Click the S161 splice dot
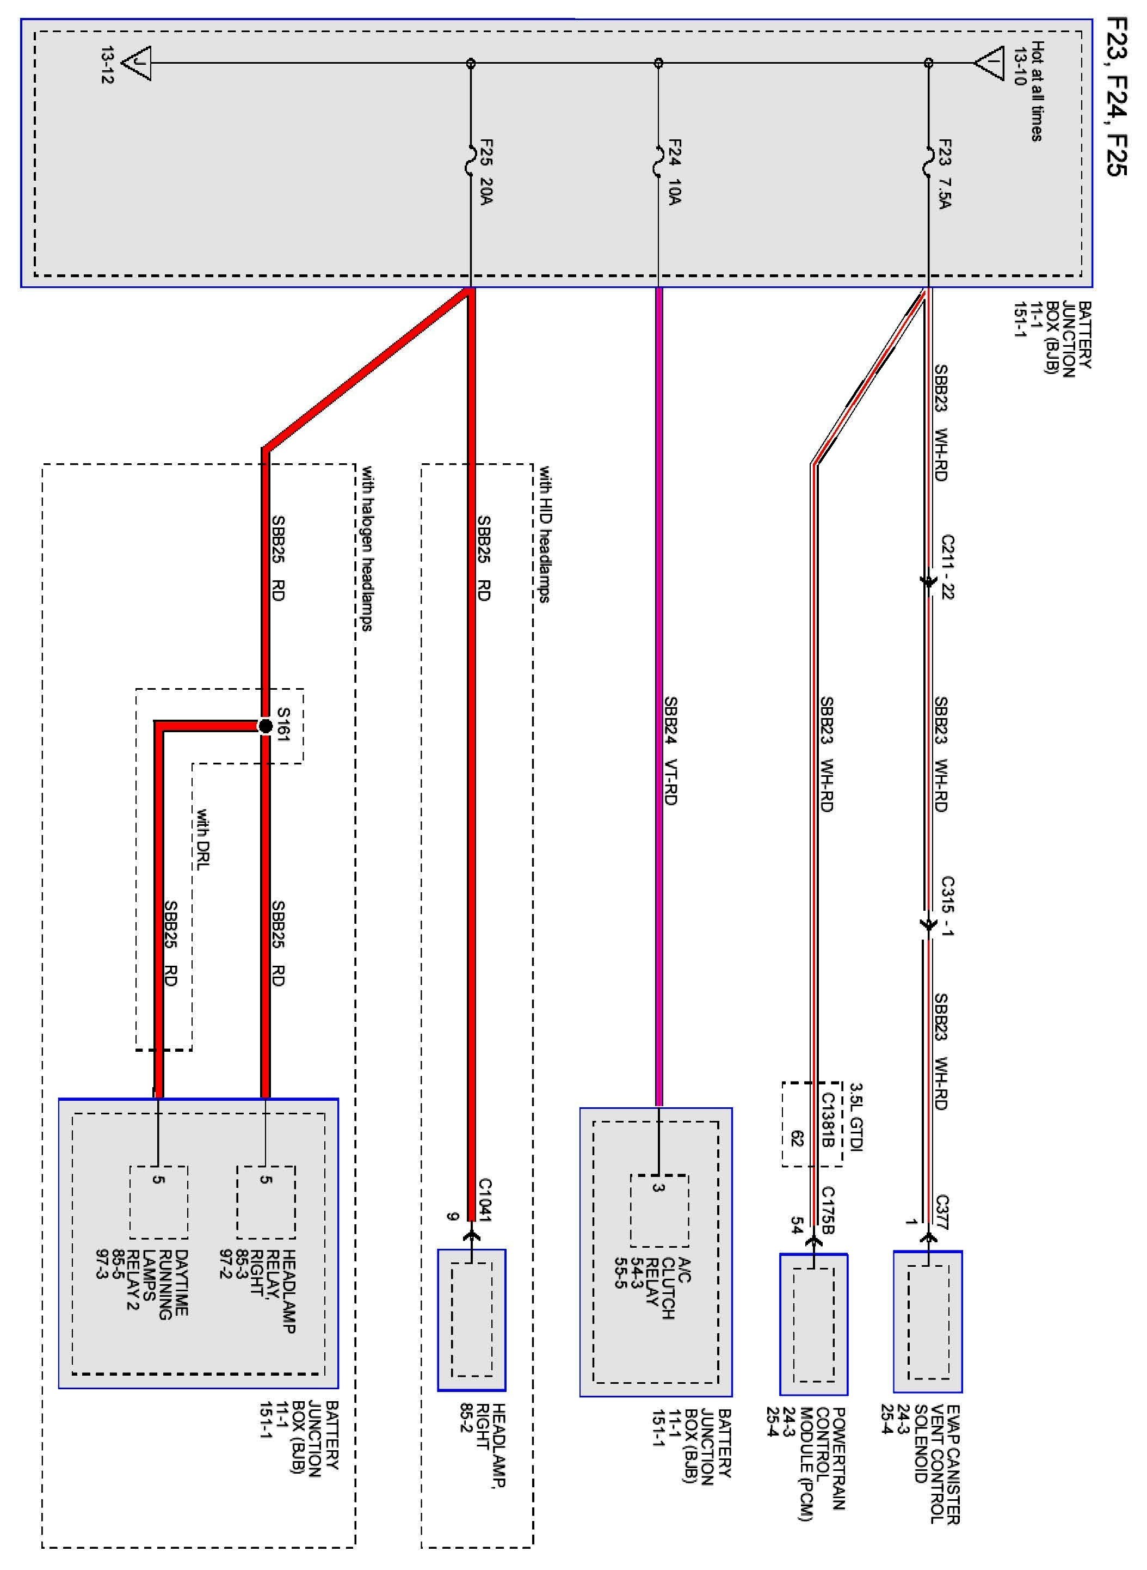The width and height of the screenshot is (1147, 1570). pyautogui.click(x=264, y=727)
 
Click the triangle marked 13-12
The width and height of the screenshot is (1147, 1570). pyautogui.click(x=137, y=64)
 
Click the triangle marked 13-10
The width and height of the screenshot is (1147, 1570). pyautogui.click(x=989, y=64)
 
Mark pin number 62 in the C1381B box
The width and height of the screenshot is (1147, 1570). pyautogui.click(x=797, y=1139)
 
